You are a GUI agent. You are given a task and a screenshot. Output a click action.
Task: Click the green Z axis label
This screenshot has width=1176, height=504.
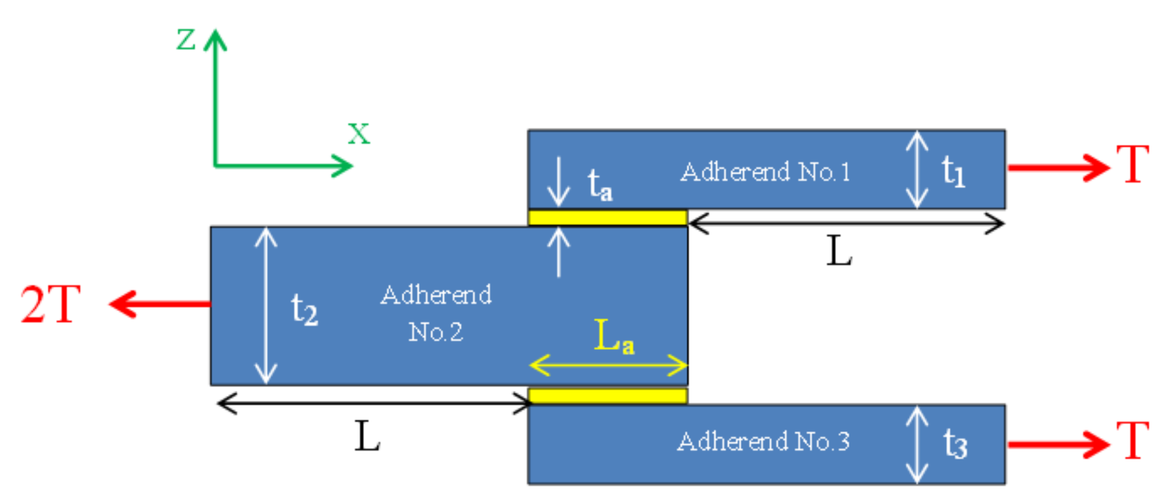[x=186, y=40]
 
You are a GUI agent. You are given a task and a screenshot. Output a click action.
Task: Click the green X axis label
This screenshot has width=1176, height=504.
[x=359, y=134]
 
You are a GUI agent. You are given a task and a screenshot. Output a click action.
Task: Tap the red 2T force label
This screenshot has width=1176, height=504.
[x=50, y=305]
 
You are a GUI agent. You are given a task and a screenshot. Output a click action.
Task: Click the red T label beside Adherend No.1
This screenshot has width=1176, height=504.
[x=1132, y=165]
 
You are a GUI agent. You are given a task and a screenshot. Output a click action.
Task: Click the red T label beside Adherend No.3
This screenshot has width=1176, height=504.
[x=1132, y=441]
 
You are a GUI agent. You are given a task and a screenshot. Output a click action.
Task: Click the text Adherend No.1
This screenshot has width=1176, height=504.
[x=765, y=172]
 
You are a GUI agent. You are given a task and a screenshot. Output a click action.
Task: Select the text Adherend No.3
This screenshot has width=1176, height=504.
[x=763, y=441]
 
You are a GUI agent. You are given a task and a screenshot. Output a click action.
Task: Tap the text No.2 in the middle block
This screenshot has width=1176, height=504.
[x=436, y=332]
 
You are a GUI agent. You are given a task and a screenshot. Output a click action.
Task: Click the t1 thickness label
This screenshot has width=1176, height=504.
[x=953, y=172]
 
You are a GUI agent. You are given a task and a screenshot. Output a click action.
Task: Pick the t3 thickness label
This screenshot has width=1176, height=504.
[x=955, y=444]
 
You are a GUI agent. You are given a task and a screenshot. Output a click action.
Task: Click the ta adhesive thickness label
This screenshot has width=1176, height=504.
[x=600, y=185]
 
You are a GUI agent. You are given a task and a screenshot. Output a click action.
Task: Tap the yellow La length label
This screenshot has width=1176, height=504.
[x=613, y=336]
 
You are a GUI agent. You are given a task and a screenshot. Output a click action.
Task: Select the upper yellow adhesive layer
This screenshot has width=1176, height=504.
[x=607, y=218]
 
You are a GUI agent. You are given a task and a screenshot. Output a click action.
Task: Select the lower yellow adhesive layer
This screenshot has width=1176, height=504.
[x=607, y=396]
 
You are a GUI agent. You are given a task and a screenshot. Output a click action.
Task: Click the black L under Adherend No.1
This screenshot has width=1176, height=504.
[x=839, y=252]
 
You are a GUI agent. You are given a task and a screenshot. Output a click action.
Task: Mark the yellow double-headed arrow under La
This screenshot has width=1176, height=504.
[x=608, y=366]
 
